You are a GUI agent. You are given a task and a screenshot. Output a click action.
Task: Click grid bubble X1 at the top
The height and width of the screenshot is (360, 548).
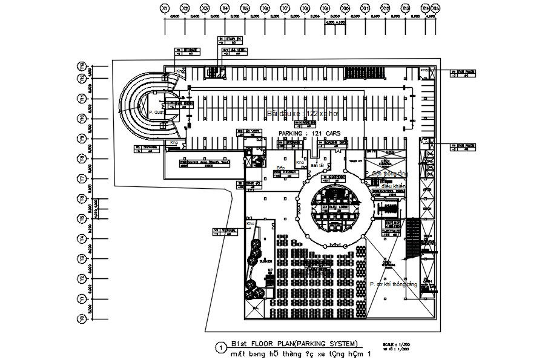coord(164,8)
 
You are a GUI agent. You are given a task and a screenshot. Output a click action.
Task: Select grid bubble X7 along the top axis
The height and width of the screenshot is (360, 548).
coord(285,8)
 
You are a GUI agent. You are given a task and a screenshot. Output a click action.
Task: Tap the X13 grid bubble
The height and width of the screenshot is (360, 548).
coord(405,8)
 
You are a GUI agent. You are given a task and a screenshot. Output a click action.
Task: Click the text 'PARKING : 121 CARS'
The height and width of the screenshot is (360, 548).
coord(310,133)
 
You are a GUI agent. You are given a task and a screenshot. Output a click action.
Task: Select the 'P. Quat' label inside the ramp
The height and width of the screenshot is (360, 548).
coord(156,112)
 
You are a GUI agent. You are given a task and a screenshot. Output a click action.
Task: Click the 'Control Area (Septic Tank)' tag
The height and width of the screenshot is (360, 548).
coord(204,163)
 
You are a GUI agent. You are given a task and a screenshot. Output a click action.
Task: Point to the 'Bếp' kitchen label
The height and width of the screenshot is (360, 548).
coord(281,168)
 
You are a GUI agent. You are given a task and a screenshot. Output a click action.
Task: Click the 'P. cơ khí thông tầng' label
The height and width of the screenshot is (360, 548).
coord(394,284)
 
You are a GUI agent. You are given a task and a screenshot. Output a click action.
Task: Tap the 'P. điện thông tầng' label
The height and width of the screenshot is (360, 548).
coord(386,174)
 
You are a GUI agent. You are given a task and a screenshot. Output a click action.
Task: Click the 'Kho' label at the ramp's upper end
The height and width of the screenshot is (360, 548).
coord(180,71)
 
